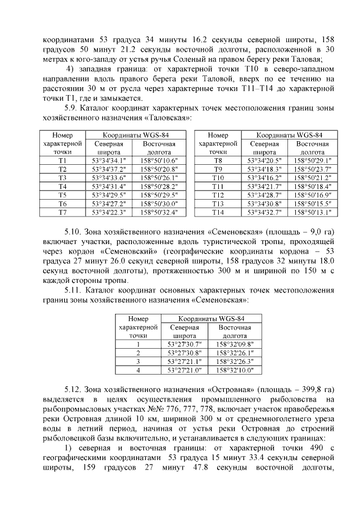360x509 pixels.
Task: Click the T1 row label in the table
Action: pyautogui.click(x=62, y=160)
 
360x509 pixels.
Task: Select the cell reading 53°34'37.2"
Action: pyautogui.click(x=109, y=169)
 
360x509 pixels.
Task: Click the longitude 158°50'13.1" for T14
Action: pyautogui.click(x=313, y=212)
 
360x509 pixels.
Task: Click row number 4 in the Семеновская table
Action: pyautogui.click(x=138, y=370)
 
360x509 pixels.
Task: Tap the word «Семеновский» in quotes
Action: pyautogui.click(x=129, y=251)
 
